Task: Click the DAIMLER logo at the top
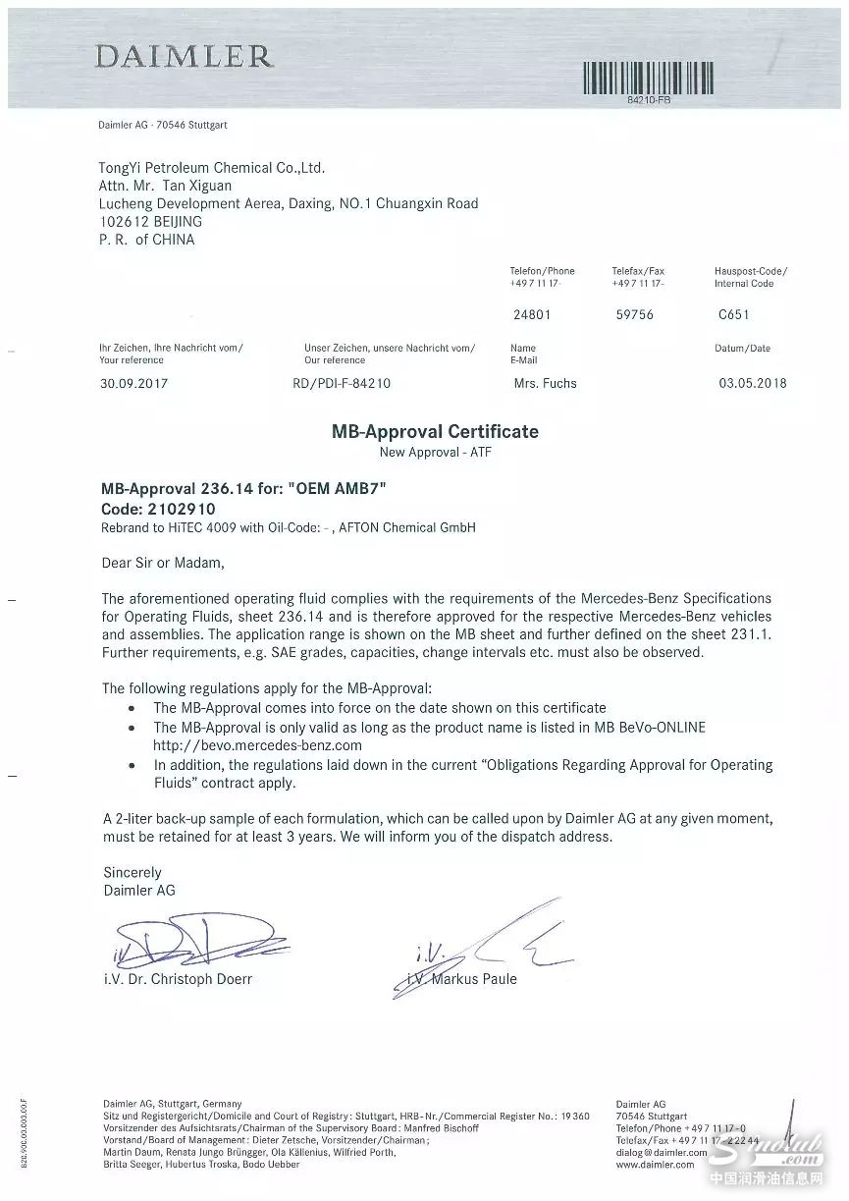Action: (184, 57)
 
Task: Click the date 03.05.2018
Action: (753, 383)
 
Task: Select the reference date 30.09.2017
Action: (134, 384)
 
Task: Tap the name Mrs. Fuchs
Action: (545, 383)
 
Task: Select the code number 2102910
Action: (181, 510)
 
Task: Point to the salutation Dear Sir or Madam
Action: (163, 564)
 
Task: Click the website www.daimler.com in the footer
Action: (655, 1164)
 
